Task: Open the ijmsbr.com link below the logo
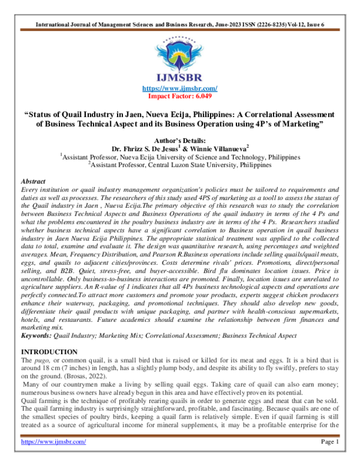(x=179, y=89)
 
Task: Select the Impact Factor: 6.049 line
(x=179, y=96)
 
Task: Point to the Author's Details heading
(x=179, y=140)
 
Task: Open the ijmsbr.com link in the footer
(x=53, y=458)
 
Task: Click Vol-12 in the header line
(x=299, y=8)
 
